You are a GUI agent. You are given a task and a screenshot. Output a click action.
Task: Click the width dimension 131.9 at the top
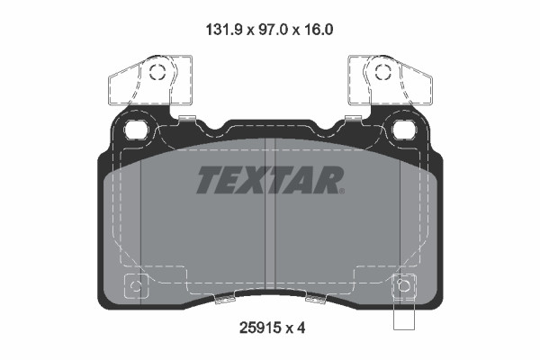click(225, 30)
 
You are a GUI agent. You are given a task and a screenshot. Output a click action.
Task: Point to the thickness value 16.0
click(318, 30)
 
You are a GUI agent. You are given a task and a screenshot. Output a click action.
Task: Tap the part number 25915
click(259, 328)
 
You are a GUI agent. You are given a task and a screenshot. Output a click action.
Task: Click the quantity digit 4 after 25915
click(301, 328)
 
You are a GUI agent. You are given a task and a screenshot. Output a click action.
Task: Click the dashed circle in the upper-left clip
click(157, 72)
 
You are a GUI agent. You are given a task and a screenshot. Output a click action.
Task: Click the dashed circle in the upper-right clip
click(383, 72)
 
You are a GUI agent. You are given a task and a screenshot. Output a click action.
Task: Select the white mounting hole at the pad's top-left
click(136, 130)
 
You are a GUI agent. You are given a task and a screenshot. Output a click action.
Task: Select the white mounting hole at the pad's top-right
click(404, 130)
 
